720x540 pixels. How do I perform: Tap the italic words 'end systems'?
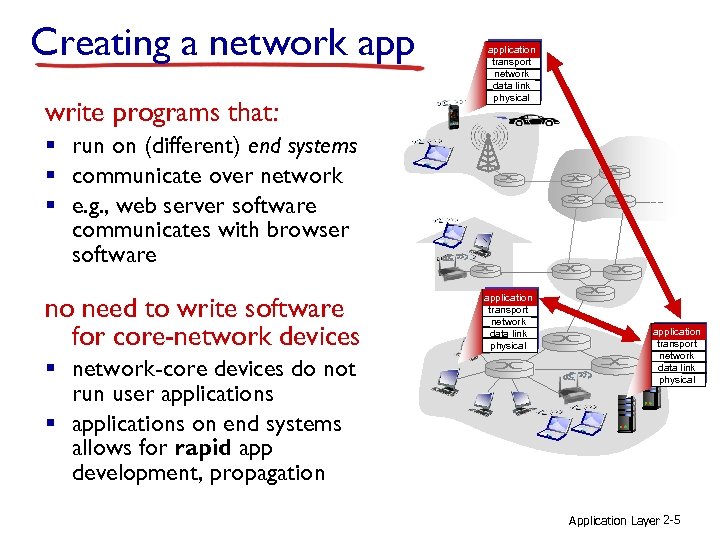point(302,146)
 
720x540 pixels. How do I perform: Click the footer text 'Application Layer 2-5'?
point(625,520)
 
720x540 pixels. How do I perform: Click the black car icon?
point(534,120)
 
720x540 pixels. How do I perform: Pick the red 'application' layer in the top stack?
point(511,49)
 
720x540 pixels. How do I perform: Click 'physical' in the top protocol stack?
point(511,98)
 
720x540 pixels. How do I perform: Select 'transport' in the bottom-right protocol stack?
point(677,344)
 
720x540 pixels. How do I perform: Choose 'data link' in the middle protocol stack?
point(508,334)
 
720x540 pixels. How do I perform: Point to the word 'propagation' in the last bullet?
point(267,473)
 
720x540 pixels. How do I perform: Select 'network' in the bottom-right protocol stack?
point(677,356)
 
